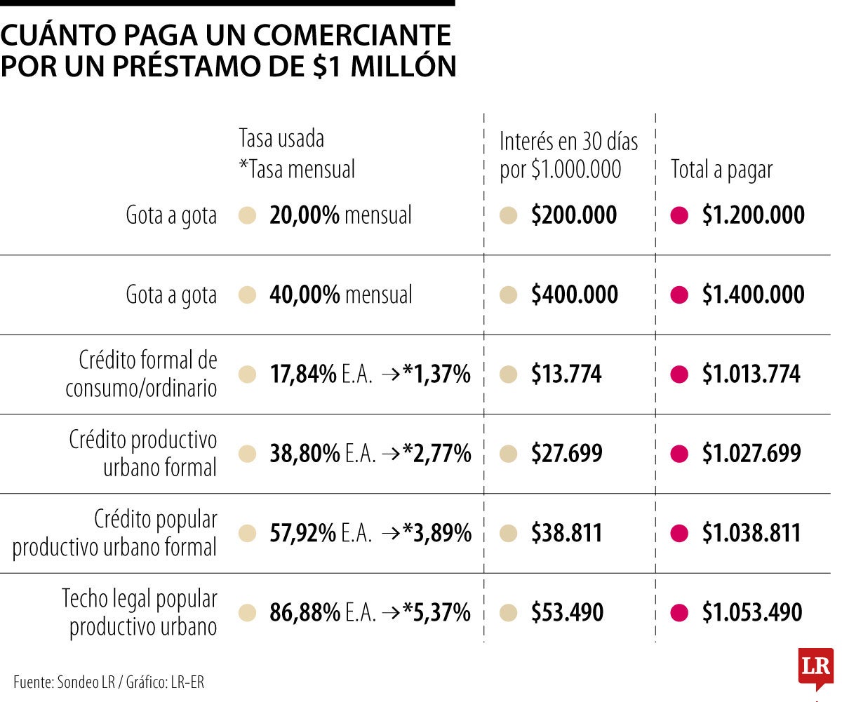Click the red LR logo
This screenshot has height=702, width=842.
coord(815,667)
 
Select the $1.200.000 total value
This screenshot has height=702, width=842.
coord(753,215)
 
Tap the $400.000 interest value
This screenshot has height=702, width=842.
coord(574,295)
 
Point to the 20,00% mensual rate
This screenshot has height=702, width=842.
coord(340,215)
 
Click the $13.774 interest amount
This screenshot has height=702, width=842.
coord(566,374)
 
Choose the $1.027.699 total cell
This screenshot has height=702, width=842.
coord(751,454)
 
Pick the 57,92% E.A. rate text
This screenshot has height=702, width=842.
coord(321,534)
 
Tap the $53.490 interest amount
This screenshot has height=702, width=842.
coord(567,613)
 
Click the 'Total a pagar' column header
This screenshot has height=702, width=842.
coord(721,170)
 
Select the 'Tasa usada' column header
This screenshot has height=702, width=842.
coord(281,138)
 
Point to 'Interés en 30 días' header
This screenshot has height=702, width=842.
coord(568,142)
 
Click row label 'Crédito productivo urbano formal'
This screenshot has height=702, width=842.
coord(143,453)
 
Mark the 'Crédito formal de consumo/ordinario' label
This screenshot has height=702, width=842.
coord(142,374)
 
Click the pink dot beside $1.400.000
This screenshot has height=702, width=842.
coord(679,295)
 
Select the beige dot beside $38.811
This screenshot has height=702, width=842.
coord(509,534)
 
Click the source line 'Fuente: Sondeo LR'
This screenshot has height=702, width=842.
coord(109,682)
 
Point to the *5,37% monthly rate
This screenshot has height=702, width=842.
coord(436,613)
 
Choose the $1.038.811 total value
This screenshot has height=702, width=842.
coord(751,534)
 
